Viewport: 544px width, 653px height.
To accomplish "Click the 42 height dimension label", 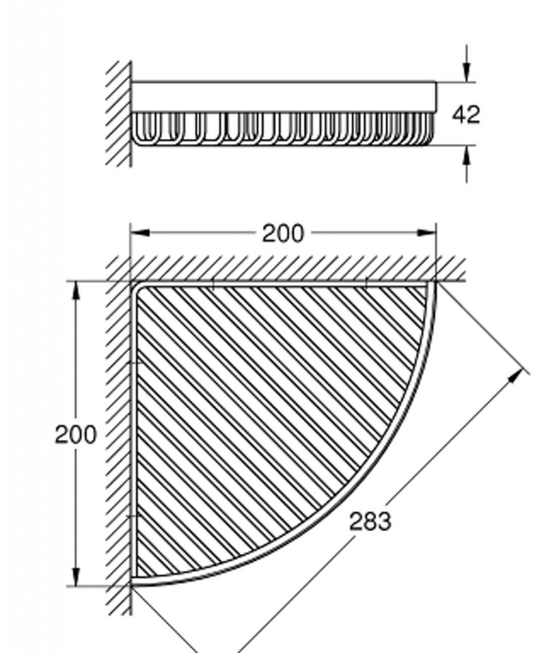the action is point(466,114).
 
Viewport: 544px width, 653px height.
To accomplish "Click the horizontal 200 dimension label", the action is point(283,233).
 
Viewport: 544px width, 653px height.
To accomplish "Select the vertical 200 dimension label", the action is point(75,434).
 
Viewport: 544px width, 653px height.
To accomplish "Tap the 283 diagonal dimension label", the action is point(371,521).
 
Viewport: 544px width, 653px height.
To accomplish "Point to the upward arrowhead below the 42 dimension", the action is point(467,156).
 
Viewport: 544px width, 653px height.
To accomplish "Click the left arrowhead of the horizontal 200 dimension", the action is point(140,232).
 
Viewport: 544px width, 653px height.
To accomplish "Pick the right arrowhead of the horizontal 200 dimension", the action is point(427,232).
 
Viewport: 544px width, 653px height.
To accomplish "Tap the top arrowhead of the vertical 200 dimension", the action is point(75,291).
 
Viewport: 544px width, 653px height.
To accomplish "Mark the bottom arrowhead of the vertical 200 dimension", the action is point(75,576).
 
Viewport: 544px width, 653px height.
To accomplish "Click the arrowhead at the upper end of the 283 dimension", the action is point(516,376).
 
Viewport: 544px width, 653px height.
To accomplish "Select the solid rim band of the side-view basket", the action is point(284,97).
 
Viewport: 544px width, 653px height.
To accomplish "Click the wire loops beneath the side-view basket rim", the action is point(283,129).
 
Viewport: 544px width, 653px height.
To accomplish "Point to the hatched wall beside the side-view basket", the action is point(119,114).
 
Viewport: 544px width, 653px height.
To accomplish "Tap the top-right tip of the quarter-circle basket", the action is point(434,282).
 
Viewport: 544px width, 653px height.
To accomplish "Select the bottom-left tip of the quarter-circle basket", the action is point(133,584).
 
